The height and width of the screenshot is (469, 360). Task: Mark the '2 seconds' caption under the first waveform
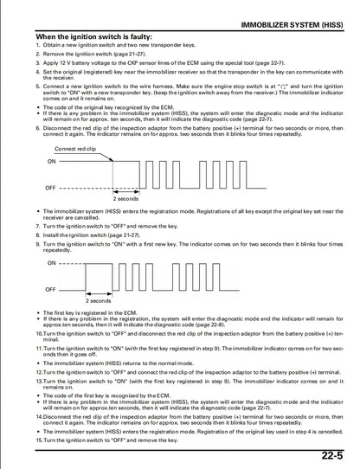coord(128,198)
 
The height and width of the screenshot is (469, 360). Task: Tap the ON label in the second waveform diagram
coord(51,262)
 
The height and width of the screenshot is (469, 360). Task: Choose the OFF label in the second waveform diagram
coord(51,288)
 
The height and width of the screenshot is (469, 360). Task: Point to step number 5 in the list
coord(38,87)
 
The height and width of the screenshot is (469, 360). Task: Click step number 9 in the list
coord(38,245)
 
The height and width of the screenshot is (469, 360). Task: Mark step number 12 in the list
coord(40,369)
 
